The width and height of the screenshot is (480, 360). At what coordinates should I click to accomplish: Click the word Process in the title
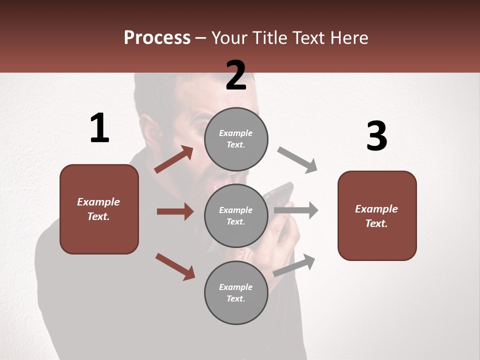coord(157,38)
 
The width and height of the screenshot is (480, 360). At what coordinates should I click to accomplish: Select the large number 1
coord(99,128)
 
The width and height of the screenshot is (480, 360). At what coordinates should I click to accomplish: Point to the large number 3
coord(376,136)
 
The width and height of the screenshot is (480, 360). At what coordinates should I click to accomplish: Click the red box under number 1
coord(99,209)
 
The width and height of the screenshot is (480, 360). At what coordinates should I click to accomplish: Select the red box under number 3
coord(377,216)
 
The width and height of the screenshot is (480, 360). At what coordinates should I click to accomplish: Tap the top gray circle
coord(236,139)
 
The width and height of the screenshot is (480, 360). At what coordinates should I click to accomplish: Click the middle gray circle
coord(236,215)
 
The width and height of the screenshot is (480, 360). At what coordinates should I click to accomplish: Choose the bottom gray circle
coord(236,292)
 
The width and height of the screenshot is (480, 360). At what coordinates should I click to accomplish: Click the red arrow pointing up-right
coord(174,159)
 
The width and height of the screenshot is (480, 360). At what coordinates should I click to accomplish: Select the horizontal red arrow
coord(175,211)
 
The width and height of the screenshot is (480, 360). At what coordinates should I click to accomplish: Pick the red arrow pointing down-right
coord(175,266)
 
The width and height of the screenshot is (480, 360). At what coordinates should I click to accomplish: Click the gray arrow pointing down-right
coord(297,160)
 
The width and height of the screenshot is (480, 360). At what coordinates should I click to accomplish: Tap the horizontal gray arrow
coord(296,210)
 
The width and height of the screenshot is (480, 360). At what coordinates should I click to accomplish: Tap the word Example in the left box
coord(98,202)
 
